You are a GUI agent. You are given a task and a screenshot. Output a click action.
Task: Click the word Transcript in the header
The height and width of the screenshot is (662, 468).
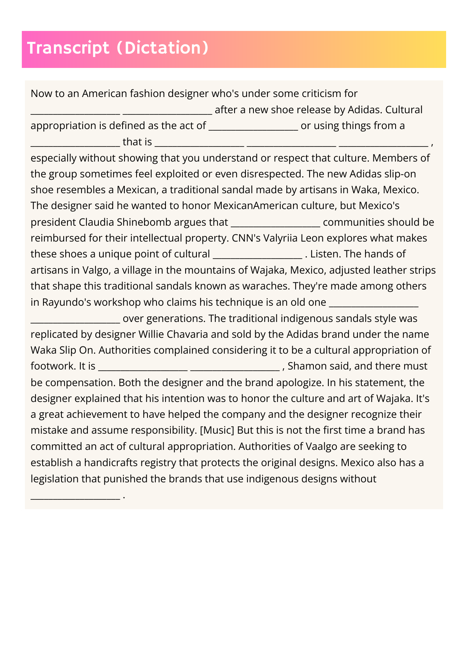[x=68, y=48]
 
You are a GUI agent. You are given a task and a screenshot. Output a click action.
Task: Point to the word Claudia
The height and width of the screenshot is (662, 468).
[x=96, y=222]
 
